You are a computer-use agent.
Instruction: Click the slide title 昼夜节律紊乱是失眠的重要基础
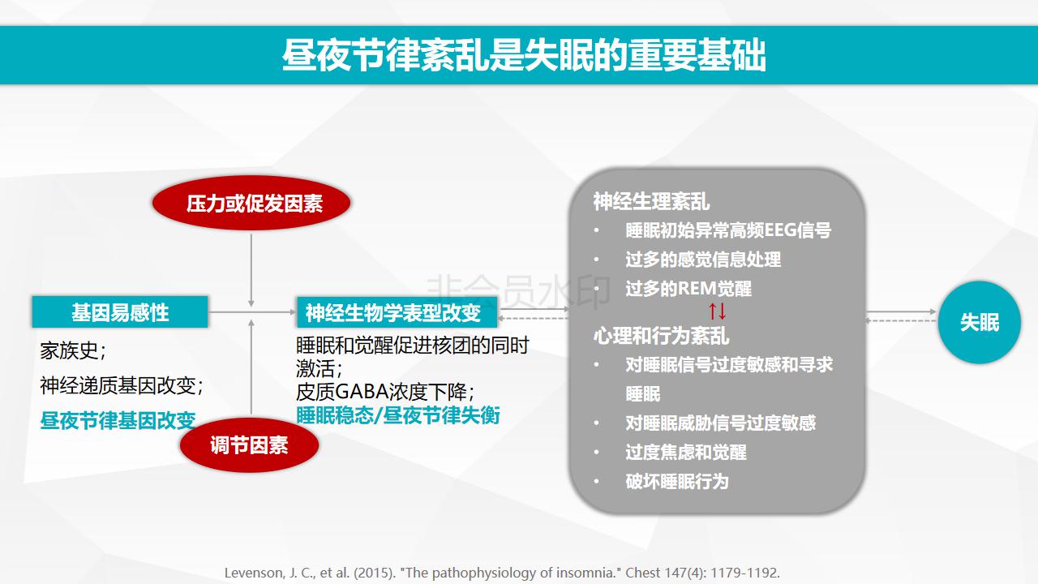524,55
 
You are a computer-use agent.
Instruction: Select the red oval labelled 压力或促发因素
251,203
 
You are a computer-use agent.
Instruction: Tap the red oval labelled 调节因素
249,445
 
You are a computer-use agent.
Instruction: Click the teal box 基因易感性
120,312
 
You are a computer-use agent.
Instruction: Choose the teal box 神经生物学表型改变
397,312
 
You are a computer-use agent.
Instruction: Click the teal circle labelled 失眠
979,322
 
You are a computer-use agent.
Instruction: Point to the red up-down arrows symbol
718,311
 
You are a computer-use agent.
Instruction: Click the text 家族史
73,351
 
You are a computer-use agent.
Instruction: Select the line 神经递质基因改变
122,385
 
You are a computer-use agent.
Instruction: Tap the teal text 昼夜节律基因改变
118,421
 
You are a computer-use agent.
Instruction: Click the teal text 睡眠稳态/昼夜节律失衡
398,415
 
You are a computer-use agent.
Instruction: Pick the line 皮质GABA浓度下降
385,392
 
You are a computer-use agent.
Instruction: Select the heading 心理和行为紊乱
661,336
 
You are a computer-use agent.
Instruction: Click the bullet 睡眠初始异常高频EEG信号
728,230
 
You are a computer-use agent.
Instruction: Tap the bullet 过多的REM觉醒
688,288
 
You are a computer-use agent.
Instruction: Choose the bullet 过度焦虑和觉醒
686,453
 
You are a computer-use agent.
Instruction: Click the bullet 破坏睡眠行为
677,482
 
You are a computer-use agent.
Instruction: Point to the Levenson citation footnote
502,573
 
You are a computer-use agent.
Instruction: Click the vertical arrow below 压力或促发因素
251,271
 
